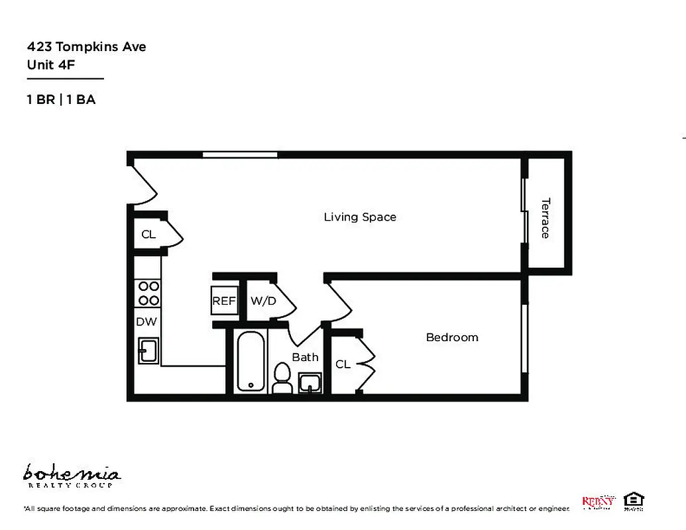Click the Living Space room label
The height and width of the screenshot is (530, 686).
click(360, 217)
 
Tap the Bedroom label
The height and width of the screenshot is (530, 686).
click(451, 337)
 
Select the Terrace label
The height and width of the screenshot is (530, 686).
click(545, 218)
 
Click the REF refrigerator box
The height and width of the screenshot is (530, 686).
click(224, 301)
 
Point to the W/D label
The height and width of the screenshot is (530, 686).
click(262, 301)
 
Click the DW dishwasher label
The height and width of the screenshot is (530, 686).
click(146, 322)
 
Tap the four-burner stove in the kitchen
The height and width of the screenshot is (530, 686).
click(148, 293)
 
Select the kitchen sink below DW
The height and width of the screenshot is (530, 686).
click(148, 350)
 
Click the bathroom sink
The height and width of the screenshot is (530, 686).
click(310, 382)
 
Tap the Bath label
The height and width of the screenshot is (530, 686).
click(306, 357)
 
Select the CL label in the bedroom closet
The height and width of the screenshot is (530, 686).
click(343, 364)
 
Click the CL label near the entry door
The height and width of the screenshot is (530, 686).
click(148, 235)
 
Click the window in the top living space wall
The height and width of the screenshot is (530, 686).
click(240, 155)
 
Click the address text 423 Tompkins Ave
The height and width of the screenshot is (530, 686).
click(86, 46)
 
